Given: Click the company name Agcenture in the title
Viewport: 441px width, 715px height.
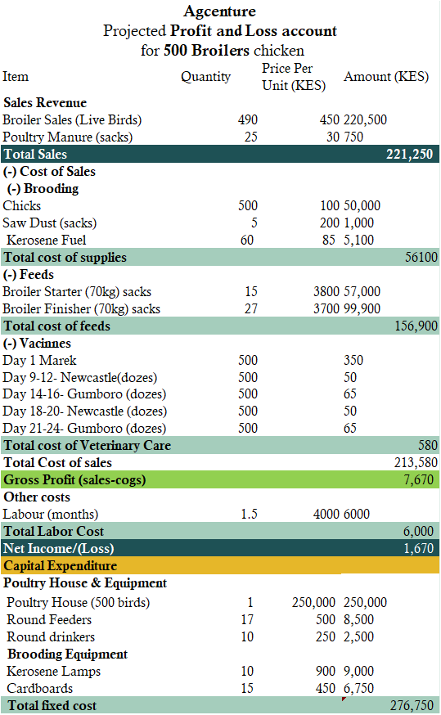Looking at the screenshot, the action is pos(220,11).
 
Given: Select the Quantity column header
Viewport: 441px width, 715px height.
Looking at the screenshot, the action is pos(205,77).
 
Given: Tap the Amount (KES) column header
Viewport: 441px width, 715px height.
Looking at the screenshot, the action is pos(386,77).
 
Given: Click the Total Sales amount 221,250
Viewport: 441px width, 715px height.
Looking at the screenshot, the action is pos(410,154).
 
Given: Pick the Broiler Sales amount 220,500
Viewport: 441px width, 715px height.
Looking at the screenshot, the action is pos(365,120).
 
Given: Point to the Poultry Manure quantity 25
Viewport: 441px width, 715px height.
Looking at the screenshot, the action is pos(251,137).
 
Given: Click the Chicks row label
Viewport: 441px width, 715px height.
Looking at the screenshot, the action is pos(22,205).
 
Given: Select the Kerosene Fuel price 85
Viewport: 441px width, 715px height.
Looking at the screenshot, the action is pos(329,240).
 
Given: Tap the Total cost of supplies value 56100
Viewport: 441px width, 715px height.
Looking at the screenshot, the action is pos(421,257).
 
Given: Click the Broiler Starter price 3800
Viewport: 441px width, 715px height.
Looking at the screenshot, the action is pos(326,291).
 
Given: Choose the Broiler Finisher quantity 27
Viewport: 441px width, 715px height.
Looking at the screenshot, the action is pos(251,308).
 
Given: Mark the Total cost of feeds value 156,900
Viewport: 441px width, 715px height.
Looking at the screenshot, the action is pos(416,326).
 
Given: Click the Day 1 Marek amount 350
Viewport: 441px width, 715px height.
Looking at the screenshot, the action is pos(353,360).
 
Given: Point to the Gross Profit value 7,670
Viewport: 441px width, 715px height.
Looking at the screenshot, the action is pos(418,479).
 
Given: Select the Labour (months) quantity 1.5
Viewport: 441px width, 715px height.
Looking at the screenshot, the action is pos(249,514).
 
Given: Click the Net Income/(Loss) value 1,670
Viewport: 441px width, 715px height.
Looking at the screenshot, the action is pos(418,548).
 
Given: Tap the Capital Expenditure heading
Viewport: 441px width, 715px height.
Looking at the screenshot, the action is pos(61,566).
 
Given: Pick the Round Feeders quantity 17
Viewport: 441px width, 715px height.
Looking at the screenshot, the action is pos(247,620).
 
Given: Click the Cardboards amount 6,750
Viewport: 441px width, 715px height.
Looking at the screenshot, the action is pos(359,688).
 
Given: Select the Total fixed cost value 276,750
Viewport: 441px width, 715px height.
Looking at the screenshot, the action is pos(412,705).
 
